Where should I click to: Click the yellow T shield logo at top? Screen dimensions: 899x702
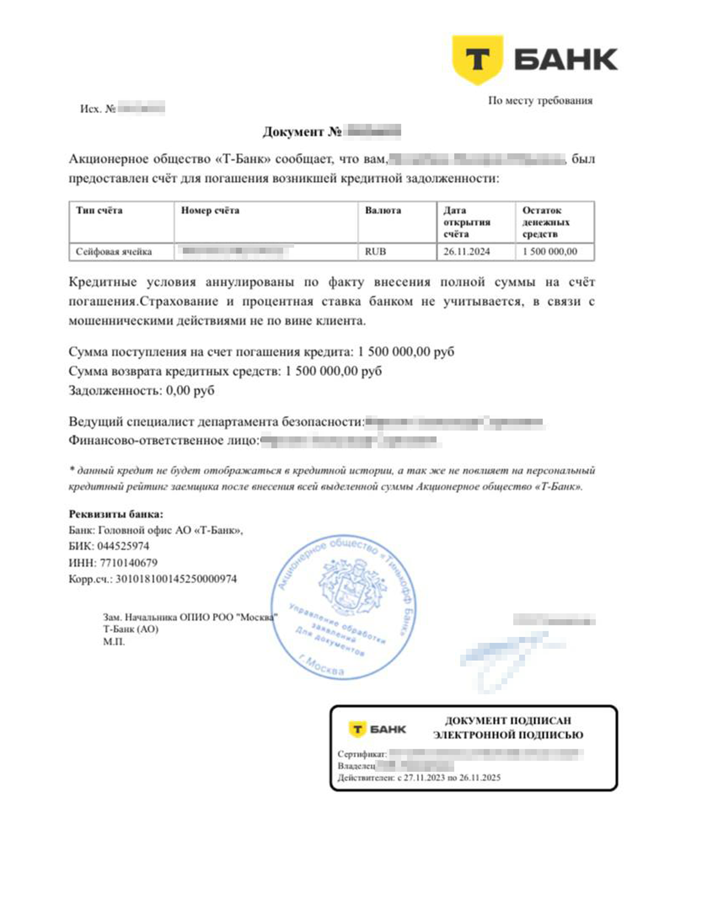(477, 59)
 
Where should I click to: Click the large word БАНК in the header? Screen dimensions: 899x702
(566, 60)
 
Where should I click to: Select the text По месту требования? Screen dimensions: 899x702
(540, 101)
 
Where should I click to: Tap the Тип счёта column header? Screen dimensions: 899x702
(99, 211)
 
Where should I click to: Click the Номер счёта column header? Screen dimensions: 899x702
(210, 211)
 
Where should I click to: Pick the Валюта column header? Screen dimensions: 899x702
(383, 211)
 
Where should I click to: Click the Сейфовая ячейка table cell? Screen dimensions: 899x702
(114, 252)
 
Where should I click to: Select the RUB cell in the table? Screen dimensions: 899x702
(375, 252)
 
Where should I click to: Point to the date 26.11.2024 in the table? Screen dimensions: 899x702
(466, 252)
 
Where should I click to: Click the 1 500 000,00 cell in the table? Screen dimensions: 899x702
(550, 252)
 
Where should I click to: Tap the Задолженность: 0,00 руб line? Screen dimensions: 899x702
(141, 391)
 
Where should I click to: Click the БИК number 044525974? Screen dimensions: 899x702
(123, 546)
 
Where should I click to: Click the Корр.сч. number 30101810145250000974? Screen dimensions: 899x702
(176, 579)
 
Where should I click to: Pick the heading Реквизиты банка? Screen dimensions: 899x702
(116, 514)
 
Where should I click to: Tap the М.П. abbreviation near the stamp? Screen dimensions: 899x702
(114, 642)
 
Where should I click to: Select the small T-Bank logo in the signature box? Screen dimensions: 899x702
(377, 730)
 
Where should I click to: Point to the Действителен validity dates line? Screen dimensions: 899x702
(419, 778)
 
